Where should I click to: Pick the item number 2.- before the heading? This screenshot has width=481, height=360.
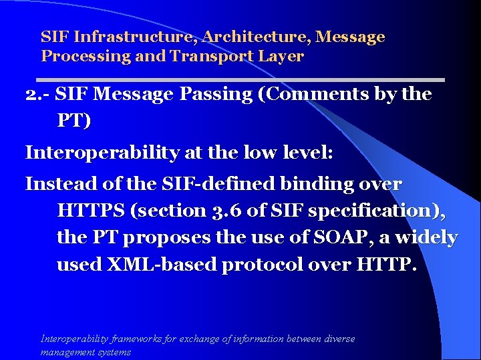[x=37, y=95]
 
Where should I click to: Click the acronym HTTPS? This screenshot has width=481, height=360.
[x=92, y=211]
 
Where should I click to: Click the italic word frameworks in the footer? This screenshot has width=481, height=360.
[x=138, y=339]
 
